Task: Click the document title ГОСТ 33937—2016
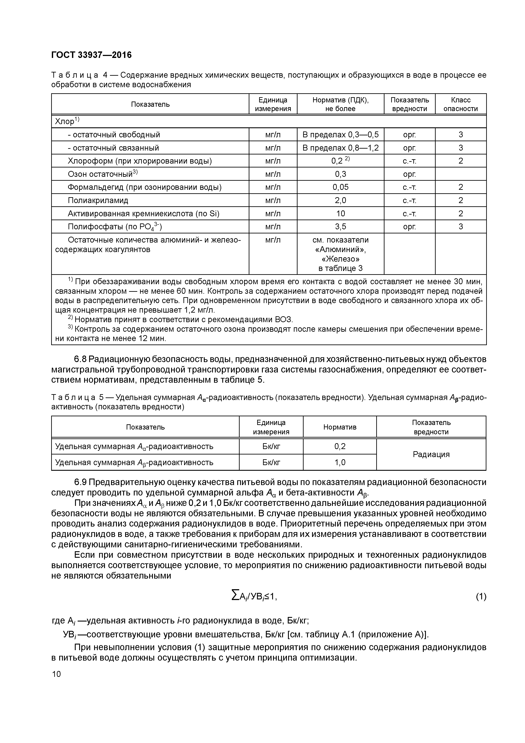(92, 55)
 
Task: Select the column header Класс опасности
(460, 104)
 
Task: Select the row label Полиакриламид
(98, 200)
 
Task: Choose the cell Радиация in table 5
(431, 454)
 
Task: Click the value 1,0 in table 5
(340, 463)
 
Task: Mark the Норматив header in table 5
(340, 427)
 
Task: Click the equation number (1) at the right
(481, 596)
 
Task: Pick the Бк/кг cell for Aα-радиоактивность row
(271, 447)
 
